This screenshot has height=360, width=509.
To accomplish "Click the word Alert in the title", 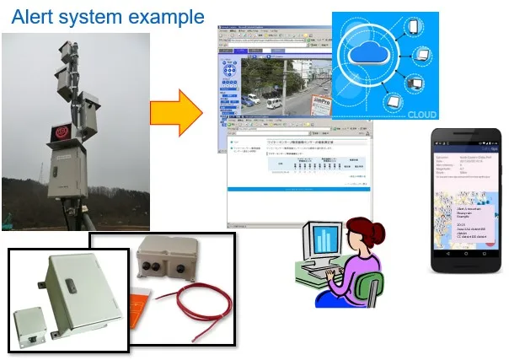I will (x=34, y=16).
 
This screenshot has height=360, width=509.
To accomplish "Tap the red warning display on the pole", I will (x=62, y=134).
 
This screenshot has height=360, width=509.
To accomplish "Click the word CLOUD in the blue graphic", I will (x=421, y=110).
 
